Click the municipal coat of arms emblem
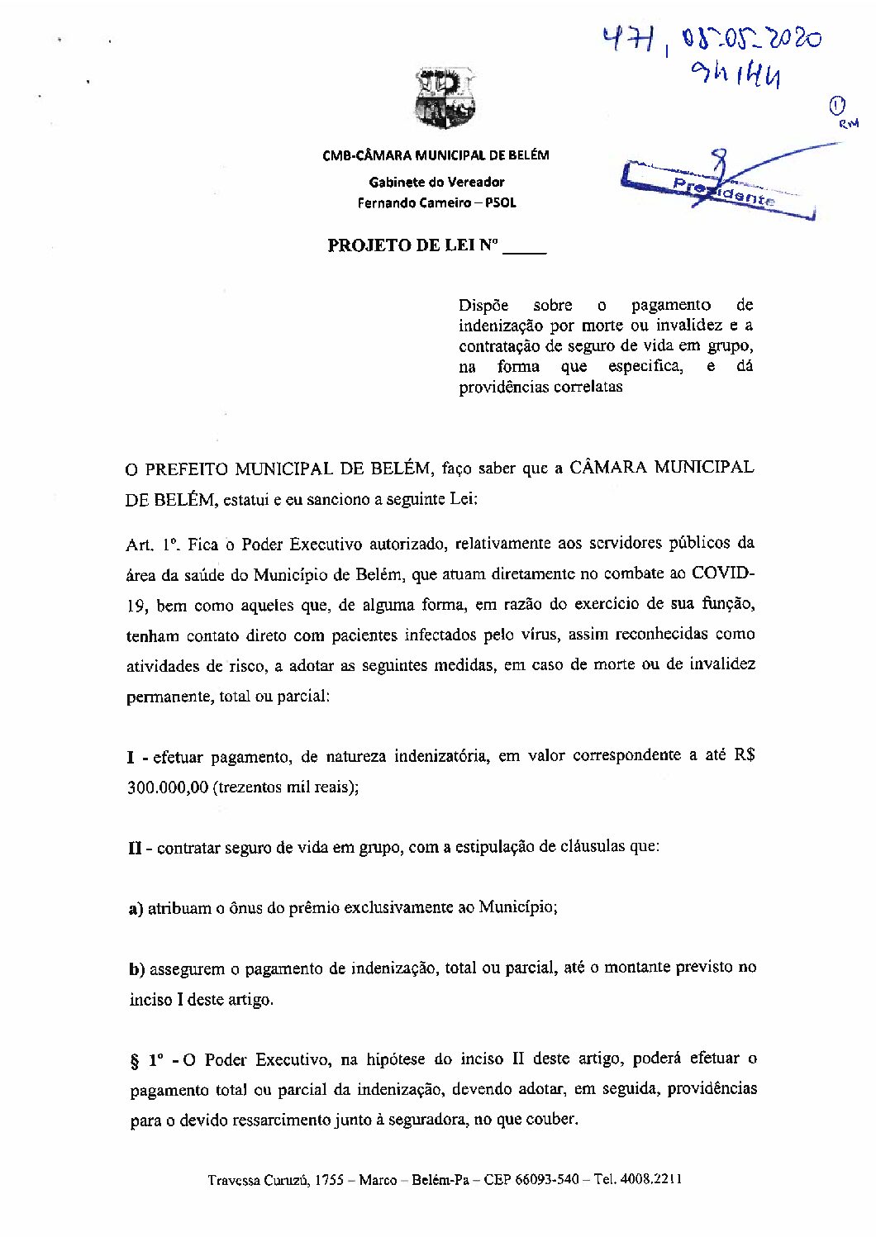coord(447,99)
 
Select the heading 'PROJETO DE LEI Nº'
coord(414,245)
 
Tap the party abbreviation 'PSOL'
coord(501,203)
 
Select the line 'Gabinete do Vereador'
coord(436,182)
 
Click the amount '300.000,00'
coord(168,787)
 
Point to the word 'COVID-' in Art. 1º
coord(723,573)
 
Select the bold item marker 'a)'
coord(136,908)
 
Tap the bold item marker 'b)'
coord(137,968)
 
